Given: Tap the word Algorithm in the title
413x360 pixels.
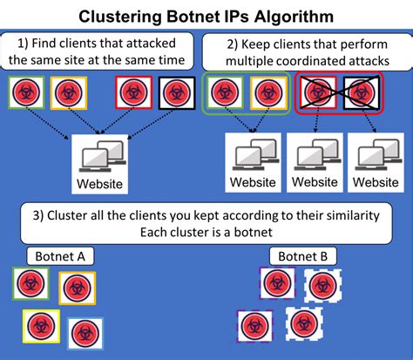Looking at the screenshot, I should point(288,16).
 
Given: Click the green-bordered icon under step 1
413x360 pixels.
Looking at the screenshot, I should point(27,93).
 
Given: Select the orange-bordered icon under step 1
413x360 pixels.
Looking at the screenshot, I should point(68,93).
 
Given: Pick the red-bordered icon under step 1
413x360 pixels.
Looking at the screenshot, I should point(132,92).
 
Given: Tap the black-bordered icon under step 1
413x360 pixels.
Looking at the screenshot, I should point(172,92).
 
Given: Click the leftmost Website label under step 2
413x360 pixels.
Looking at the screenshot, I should point(254,183).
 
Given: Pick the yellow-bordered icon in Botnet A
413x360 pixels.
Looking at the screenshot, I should point(38,324).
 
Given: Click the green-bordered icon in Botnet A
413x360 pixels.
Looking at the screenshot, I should point(31,284).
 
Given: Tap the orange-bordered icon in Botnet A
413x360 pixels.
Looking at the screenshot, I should point(77,288).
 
